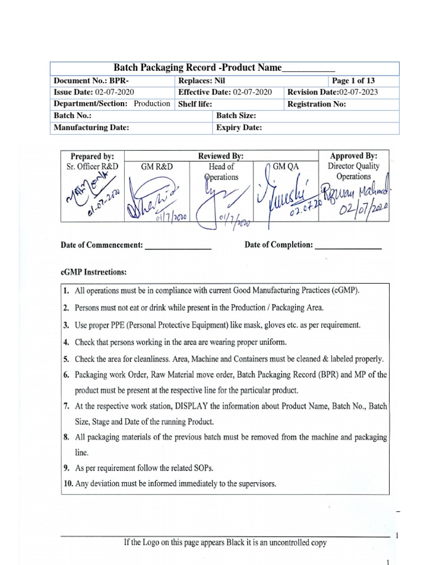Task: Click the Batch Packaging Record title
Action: click(x=224, y=68)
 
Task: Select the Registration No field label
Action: click(x=316, y=104)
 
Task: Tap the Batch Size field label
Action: click(x=236, y=116)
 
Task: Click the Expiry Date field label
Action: click(x=239, y=128)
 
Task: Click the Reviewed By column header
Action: click(x=221, y=156)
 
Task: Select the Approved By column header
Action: click(x=354, y=156)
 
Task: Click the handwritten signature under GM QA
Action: click(x=290, y=201)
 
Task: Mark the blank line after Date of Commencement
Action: click(x=178, y=247)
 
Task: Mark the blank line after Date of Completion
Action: click(x=348, y=246)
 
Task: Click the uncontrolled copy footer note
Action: click(x=225, y=542)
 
